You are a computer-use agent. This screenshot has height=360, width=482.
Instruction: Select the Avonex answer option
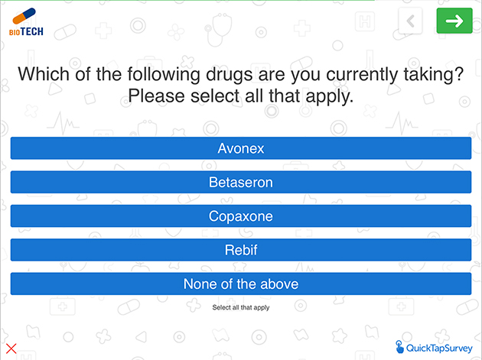tap(241, 148)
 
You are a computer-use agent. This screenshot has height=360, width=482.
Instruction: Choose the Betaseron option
tap(241, 182)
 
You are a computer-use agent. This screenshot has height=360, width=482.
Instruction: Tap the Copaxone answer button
tap(241, 216)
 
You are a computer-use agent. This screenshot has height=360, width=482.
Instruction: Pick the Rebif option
tap(241, 250)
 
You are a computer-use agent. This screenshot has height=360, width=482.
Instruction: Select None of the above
tap(241, 284)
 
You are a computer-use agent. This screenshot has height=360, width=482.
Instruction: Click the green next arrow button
tap(454, 21)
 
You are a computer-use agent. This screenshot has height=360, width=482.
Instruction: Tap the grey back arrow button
tap(410, 21)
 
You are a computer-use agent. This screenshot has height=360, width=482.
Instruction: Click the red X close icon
tap(11, 349)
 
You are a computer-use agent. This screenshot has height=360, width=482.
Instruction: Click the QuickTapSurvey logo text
tap(439, 348)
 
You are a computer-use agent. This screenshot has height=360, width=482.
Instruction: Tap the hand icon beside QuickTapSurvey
tap(399, 347)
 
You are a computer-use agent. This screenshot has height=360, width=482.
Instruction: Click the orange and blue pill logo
tap(24, 16)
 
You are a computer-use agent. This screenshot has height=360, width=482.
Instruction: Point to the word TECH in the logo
tap(32, 31)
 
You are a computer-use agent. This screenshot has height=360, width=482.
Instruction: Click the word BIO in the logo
tap(15, 32)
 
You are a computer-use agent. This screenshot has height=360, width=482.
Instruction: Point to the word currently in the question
tap(362, 75)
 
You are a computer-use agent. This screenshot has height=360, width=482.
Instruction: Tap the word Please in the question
tap(156, 96)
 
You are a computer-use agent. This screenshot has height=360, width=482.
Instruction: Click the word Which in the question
tap(44, 74)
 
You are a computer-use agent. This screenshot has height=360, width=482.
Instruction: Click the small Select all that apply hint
tap(241, 307)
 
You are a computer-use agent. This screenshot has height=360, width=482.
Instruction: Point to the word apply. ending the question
tap(330, 97)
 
